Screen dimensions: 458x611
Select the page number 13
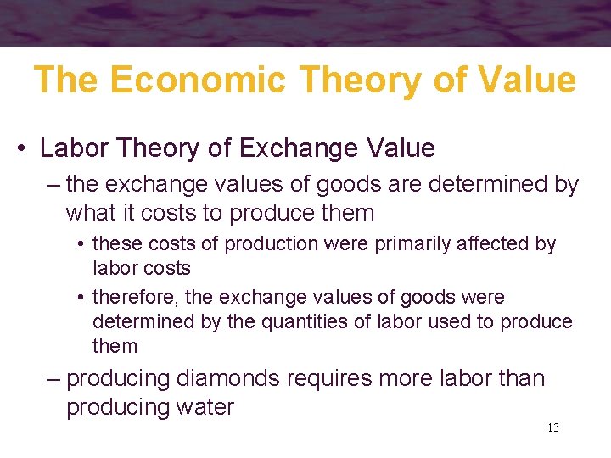(x=552, y=427)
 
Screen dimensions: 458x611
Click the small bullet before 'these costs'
(x=80, y=244)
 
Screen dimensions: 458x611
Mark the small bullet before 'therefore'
(x=80, y=298)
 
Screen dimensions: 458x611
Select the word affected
(x=505, y=244)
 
